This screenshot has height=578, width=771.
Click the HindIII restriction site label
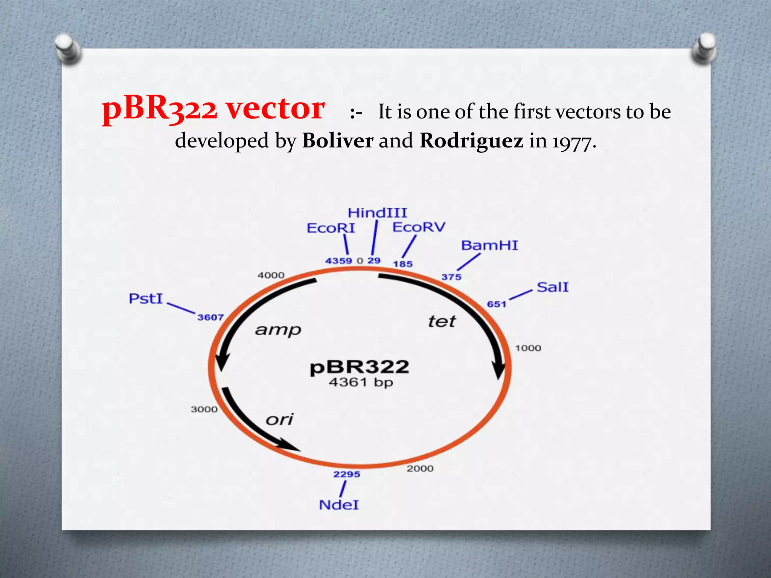[x=377, y=213]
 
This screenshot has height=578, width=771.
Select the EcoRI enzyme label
[x=331, y=228]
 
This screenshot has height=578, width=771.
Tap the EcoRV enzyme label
[x=419, y=227]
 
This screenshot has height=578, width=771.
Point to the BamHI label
[x=489, y=245]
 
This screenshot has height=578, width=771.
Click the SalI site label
[x=552, y=287]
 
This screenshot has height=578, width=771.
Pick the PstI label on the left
[x=146, y=299]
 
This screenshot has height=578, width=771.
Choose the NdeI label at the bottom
[x=339, y=505]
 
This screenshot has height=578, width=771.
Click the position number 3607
[x=210, y=317]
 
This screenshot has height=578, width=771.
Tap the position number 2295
[x=347, y=474]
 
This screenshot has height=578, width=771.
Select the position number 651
[x=497, y=304]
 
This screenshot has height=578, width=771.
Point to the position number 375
[x=451, y=277]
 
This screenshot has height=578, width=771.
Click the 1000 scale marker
[x=528, y=348]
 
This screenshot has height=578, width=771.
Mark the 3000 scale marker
[x=204, y=409]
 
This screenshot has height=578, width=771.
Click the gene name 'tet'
[x=442, y=322]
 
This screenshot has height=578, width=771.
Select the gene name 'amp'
[x=278, y=330]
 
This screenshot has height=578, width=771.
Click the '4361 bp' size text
[x=361, y=382]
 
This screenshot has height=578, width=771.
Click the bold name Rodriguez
[x=471, y=141]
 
